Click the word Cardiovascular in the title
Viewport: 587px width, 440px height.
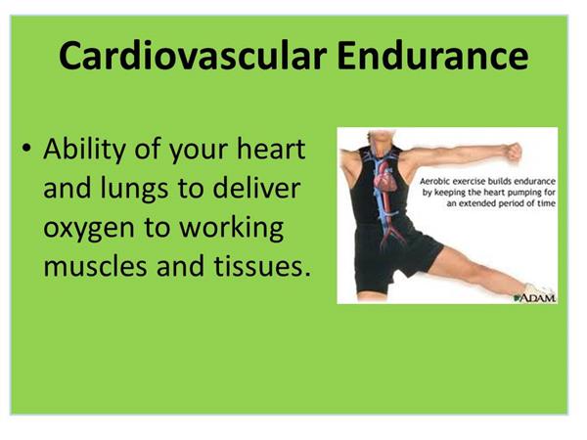coord(193,56)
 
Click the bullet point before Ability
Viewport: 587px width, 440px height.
coord(26,149)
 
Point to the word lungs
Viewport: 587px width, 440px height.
coord(134,190)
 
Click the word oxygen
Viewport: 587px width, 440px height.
coord(89,229)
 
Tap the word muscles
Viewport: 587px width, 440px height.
coord(95,265)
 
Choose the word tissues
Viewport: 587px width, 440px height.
coord(262,265)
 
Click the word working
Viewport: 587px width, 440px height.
coord(231,228)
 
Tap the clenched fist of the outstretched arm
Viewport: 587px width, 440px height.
coord(514,152)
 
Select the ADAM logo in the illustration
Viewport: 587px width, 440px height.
coord(535,298)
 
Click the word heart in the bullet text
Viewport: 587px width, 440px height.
coord(271,149)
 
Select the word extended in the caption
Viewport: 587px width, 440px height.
coord(475,203)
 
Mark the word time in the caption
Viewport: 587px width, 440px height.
coord(547,203)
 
